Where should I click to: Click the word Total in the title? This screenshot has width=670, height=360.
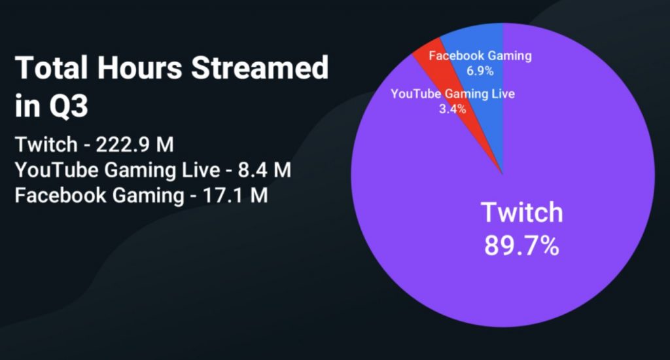pos(52,67)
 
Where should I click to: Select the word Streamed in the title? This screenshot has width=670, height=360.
pos(260,67)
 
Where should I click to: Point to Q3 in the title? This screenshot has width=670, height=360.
pos(69,106)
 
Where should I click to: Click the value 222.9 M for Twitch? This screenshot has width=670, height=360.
pos(135,145)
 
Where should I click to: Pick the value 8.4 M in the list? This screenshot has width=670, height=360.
pos(264,170)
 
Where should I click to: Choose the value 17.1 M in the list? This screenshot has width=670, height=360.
pos(235,196)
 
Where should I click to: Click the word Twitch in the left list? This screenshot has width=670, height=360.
pos(46,145)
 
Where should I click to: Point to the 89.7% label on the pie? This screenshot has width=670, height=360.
pos(521,245)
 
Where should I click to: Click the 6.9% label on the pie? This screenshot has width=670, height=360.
pos(480,71)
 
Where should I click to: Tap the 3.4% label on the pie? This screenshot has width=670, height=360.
pos(453,109)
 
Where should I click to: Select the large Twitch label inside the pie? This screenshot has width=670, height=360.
pos(521,212)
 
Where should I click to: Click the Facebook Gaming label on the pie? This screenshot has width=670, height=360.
pos(480,56)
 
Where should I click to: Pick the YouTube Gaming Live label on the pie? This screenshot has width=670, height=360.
pos(453,94)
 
